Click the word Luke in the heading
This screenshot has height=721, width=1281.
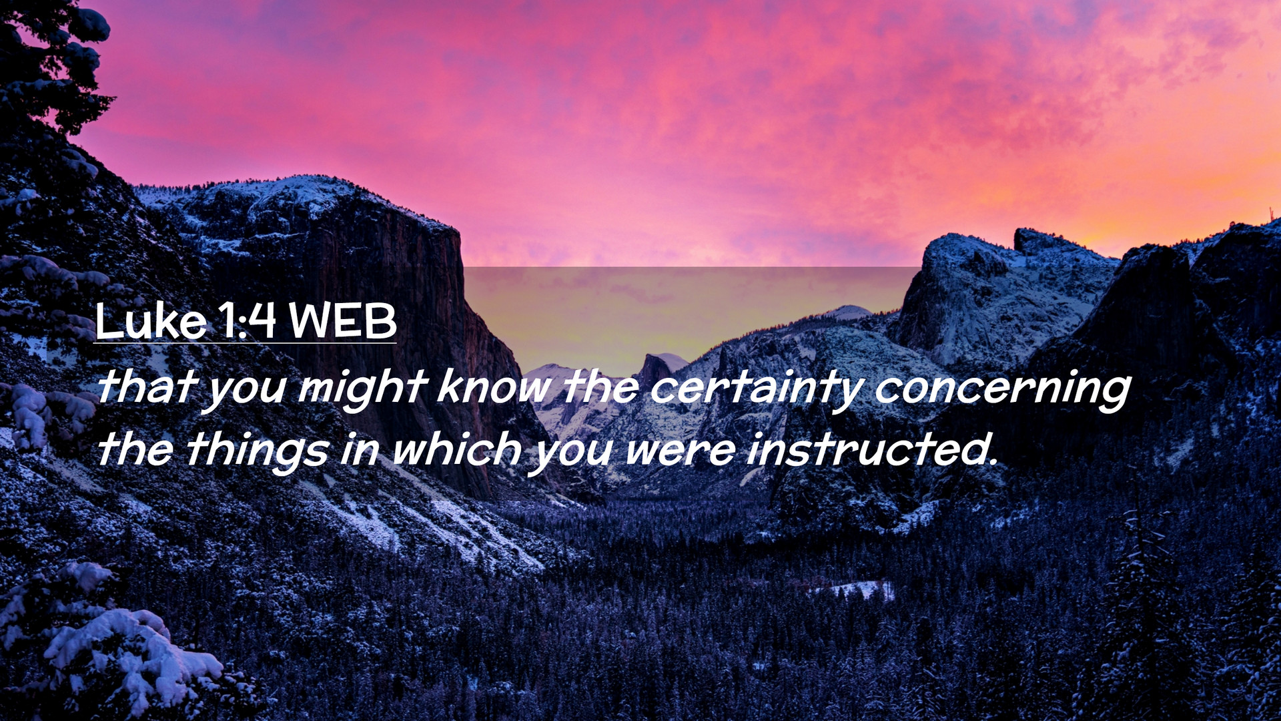pos(151,321)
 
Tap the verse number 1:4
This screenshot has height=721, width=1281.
pos(247,321)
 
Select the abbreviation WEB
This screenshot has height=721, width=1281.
pos(343,321)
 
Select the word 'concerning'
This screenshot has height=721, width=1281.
pos(1003,390)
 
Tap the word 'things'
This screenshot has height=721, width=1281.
pos(258,451)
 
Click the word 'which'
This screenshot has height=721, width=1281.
pos(456,448)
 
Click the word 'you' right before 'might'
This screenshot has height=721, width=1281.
pos(245,390)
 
